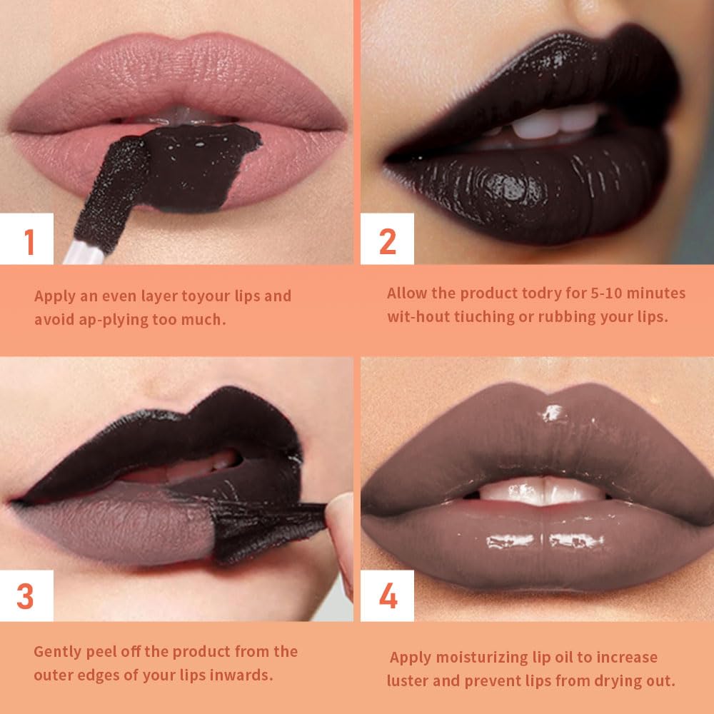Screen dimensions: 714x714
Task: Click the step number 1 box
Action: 28,241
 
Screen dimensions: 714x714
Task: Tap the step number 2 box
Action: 387,241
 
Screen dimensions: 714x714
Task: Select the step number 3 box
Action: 26,596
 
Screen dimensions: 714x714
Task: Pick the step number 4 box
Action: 388,596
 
